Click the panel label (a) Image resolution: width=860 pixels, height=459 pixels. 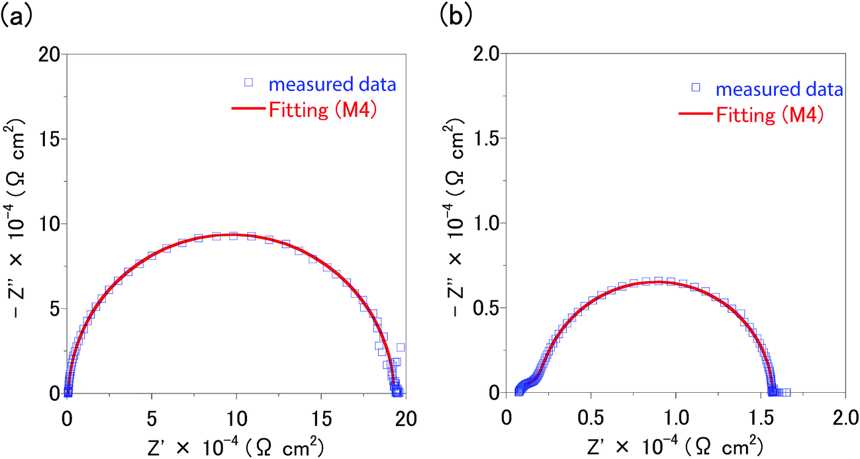click(15, 15)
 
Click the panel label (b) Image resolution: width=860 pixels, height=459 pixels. click(456, 15)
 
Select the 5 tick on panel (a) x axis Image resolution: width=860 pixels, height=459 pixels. click(152, 418)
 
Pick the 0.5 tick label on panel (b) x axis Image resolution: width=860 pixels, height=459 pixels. click(591, 418)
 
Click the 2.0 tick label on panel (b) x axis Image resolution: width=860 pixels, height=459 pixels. click(844, 418)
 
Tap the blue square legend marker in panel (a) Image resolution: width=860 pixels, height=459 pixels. click(249, 82)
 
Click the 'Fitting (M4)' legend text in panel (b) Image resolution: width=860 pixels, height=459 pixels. click(768, 115)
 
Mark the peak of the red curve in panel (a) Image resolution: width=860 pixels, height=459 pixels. click(233, 234)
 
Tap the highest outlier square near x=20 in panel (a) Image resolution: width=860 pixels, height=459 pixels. click(401, 347)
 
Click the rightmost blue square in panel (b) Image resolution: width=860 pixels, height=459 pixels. click(787, 392)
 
